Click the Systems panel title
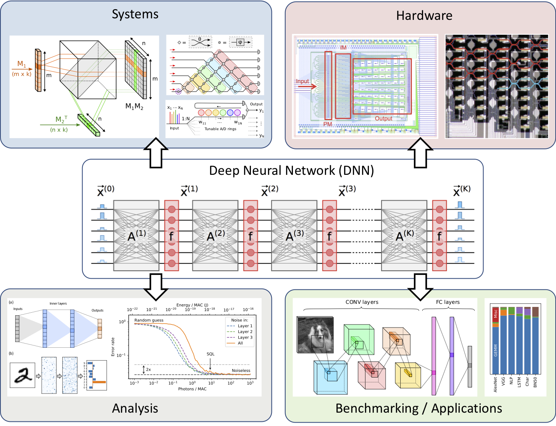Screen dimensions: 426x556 pyautogui.click(x=135, y=15)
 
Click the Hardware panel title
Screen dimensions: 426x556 pyautogui.click(x=424, y=16)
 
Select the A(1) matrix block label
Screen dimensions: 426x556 pyautogui.click(x=136, y=236)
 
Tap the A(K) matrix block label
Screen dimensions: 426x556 pyautogui.click(x=404, y=236)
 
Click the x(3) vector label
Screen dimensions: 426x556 pyautogui.click(x=346, y=190)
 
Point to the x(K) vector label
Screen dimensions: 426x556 pyautogui.click(x=461, y=190)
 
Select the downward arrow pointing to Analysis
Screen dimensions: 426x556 pyautogui.click(x=157, y=287)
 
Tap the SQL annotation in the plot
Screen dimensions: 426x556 pyautogui.click(x=210, y=354)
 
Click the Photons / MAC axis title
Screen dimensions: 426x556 pyautogui.click(x=192, y=389)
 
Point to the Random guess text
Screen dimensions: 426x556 pyautogui.click(x=149, y=320)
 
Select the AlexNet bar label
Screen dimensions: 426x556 pyautogui.click(x=496, y=385)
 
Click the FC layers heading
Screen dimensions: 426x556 pyautogui.click(x=448, y=302)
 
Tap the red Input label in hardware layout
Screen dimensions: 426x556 pyautogui.click(x=302, y=81)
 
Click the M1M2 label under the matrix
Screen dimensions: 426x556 pyautogui.click(x=134, y=106)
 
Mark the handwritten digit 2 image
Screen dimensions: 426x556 pyautogui.click(x=22, y=375)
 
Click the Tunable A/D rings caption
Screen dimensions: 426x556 pyautogui.click(x=220, y=129)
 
